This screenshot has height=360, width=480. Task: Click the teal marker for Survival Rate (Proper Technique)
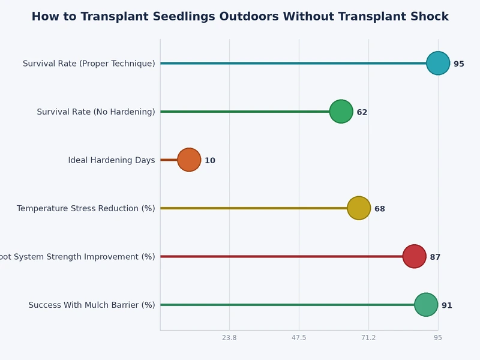pos(438,63)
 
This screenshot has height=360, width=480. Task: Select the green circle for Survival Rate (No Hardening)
pos(341,112)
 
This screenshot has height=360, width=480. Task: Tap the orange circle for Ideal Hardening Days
pos(189,160)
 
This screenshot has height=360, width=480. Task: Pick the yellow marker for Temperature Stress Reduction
pos(359,208)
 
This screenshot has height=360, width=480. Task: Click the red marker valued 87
pos(414,256)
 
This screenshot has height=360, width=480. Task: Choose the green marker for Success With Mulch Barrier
pos(426,305)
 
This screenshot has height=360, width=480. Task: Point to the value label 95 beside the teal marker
pos(459,64)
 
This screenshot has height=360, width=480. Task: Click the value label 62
pos(362,112)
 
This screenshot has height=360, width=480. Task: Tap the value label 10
pos(210,161)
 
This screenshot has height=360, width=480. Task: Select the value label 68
pos(380,209)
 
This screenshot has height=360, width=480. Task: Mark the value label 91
pos(447,305)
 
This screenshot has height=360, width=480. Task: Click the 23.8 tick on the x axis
pos(229,338)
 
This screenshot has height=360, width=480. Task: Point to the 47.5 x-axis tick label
pos(299,338)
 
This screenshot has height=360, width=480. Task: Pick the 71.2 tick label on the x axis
pos(368,338)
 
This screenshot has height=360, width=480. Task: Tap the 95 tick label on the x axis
pos(438,338)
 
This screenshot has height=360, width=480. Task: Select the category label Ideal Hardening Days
pos(112,160)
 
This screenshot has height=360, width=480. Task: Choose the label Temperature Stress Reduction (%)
pos(86,208)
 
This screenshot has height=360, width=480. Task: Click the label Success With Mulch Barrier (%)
pos(92,305)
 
